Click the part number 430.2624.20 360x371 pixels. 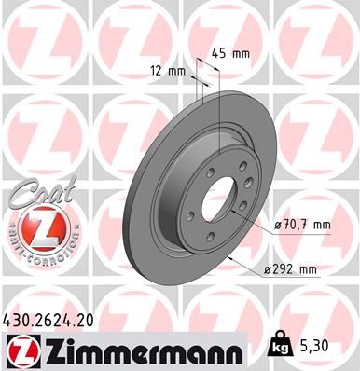[57, 320]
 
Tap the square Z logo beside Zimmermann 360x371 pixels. [18, 350]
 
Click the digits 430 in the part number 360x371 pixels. [20, 320]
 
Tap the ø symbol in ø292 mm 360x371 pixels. [268, 269]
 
